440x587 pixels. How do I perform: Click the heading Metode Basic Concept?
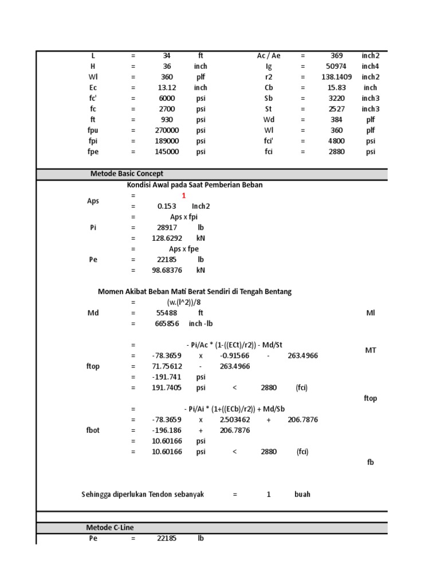click(x=127, y=174)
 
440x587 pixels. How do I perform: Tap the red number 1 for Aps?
click(x=184, y=195)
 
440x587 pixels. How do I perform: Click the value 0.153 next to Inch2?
click(x=167, y=206)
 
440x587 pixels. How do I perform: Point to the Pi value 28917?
click(x=167, y=228)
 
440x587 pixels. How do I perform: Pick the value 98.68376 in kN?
click(x=167, y=270)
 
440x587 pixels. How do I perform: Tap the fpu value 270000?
click(x=167, y=130)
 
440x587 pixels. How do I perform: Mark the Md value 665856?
click(x=167, y=324)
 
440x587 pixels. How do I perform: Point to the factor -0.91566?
click(x=234, y=356)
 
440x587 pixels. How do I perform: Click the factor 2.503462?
click(x=234, y=420)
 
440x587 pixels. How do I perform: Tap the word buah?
click(x=302, y=494)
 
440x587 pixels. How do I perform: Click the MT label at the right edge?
click(x=370, y=350)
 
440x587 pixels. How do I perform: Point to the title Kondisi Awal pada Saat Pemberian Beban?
click(x=194, y=185)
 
